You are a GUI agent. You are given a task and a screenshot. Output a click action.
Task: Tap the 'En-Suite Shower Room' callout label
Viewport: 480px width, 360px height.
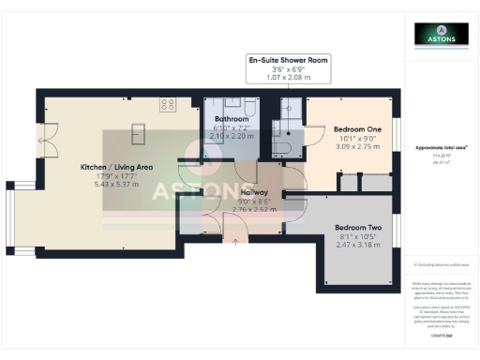[x=288, y=60]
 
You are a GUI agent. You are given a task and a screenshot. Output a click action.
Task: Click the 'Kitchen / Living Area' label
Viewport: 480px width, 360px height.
[x=116, y=167]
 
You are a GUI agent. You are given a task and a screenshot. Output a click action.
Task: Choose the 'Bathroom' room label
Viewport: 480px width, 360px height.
[x=230, y=120]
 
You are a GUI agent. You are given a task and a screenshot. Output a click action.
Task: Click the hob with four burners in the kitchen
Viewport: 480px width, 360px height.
[x=168, y=103]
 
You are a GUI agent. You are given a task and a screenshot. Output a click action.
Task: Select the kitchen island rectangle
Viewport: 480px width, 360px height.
[x=139, y=128]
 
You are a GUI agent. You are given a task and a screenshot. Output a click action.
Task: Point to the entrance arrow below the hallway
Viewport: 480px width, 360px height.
[x=234, y=242]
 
